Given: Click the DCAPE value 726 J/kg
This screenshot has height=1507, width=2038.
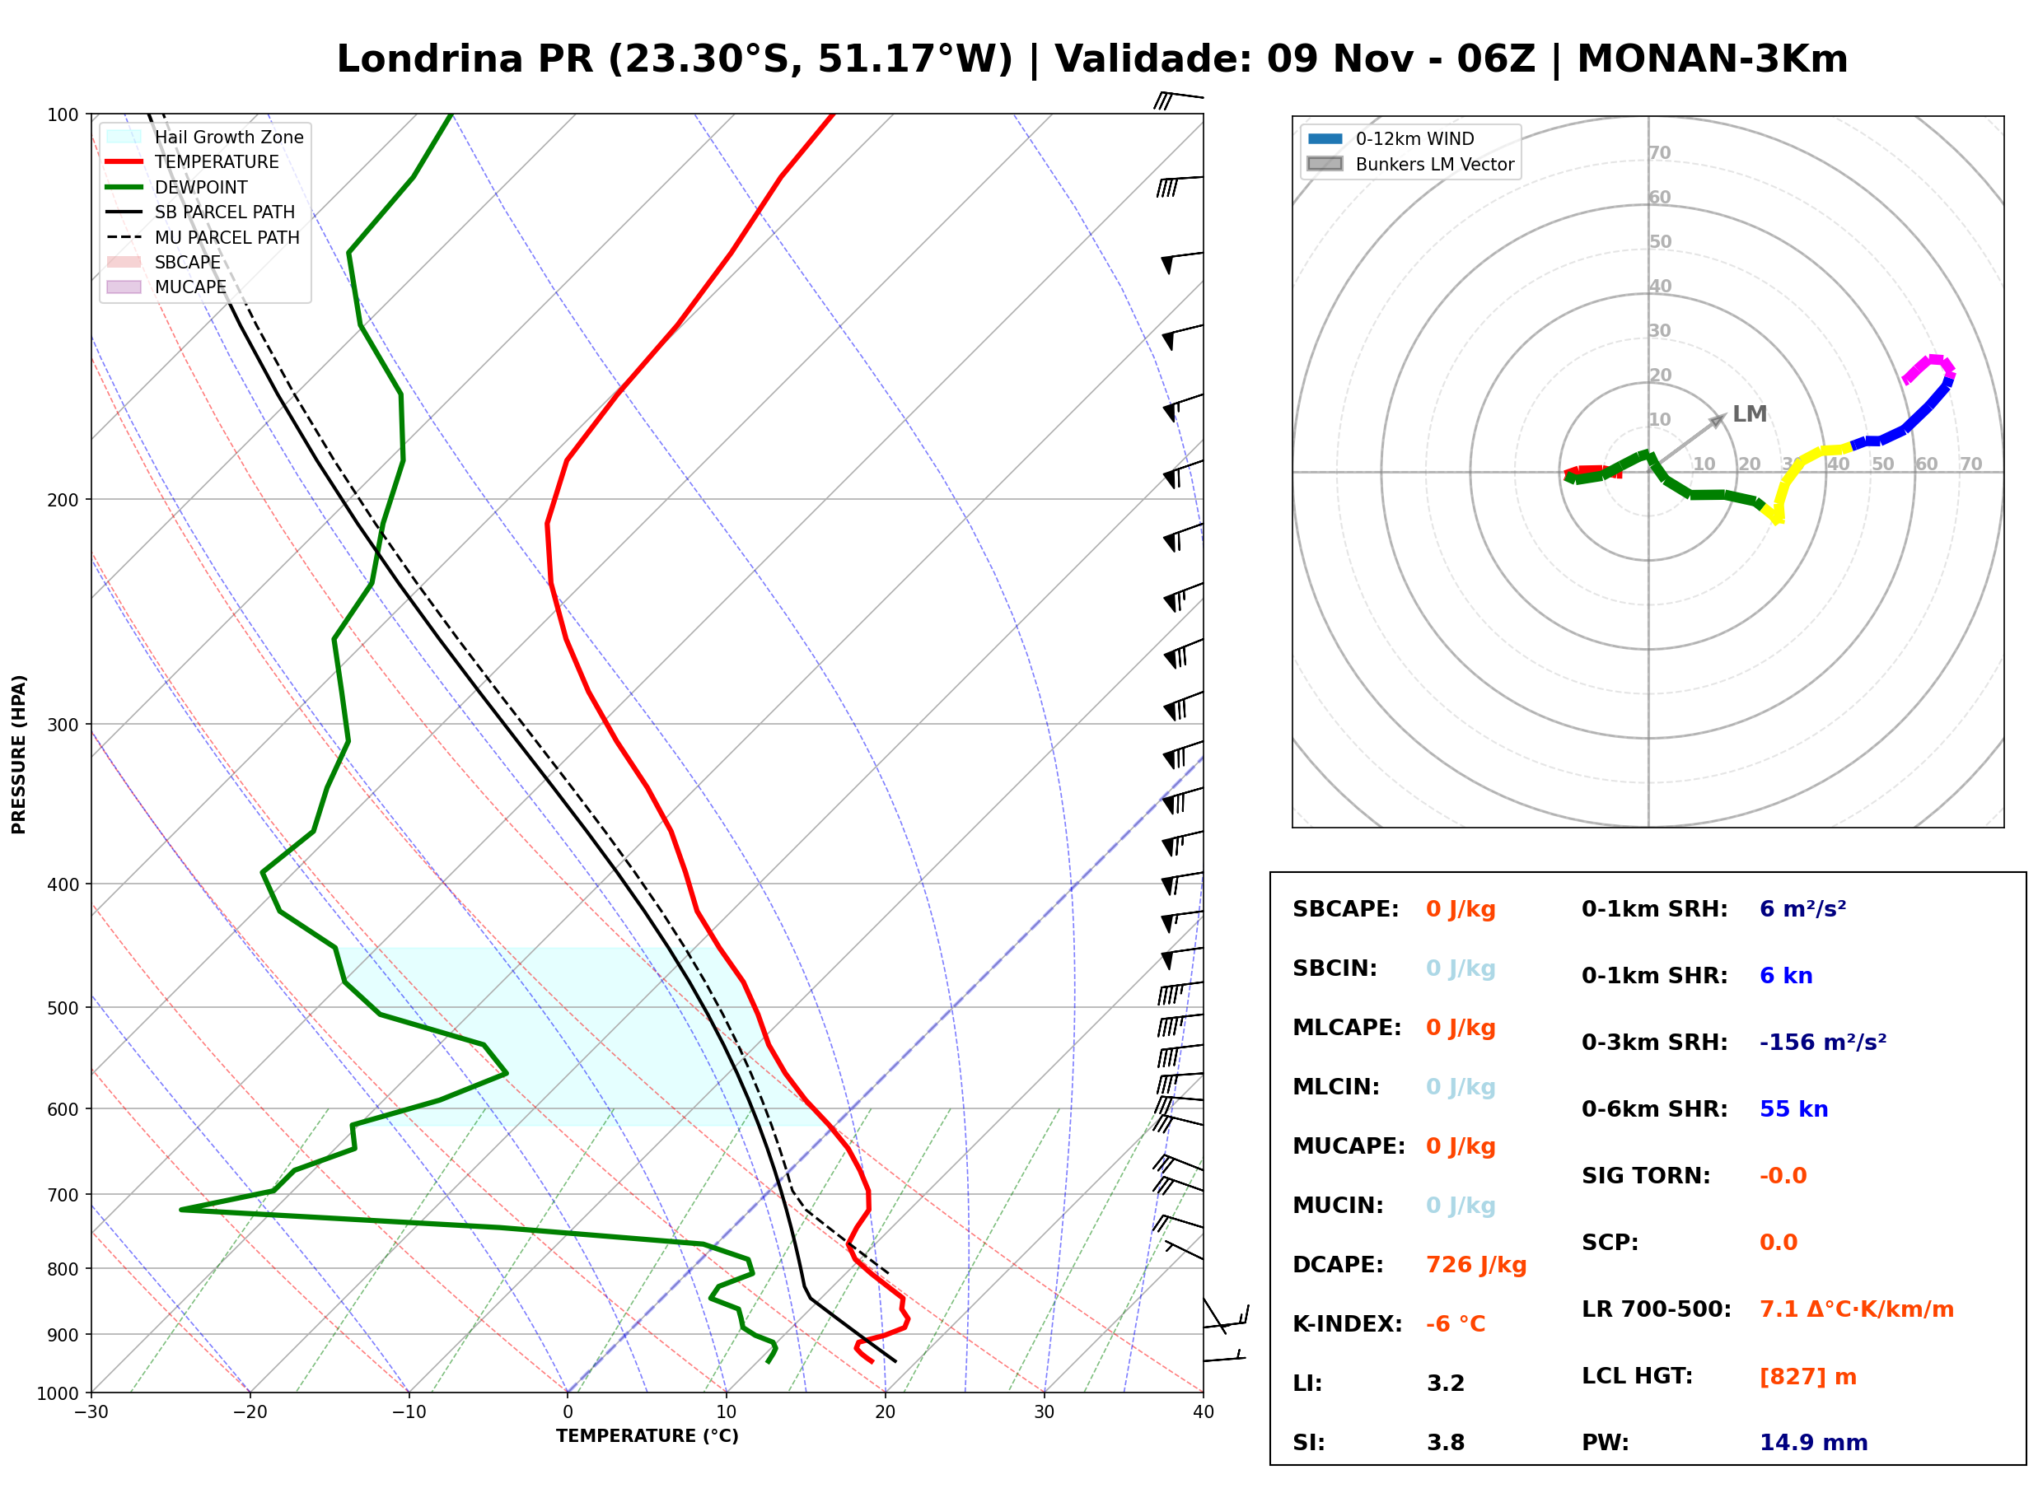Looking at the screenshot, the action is [1475, 1264].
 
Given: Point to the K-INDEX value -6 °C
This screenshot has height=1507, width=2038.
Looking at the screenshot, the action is [1455, 1323].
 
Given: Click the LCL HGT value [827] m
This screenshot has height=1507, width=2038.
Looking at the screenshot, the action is [1807, 1377].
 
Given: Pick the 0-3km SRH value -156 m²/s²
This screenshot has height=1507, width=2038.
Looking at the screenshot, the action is [1822, 1042].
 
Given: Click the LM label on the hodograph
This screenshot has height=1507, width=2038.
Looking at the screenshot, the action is [1749, 414].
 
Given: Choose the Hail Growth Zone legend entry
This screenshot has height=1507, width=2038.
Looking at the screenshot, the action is [204, 137].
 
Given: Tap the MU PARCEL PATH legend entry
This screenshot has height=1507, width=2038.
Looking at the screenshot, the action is [203, 237].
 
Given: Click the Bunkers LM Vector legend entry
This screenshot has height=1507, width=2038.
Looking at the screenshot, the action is [1409, 164].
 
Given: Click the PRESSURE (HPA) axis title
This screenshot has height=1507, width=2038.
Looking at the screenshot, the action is [19, 754].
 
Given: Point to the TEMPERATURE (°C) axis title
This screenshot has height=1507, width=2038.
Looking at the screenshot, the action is [647, 1436].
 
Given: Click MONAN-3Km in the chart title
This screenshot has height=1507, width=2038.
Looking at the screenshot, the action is [1713, 58].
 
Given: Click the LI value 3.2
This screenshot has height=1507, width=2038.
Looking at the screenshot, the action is [1445, 1383].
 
